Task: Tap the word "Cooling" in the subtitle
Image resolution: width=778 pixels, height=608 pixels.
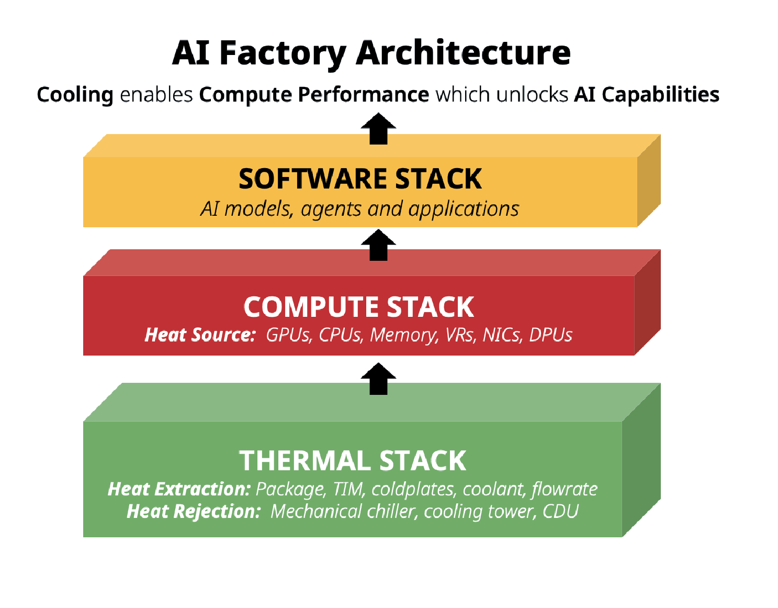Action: coord(75,95)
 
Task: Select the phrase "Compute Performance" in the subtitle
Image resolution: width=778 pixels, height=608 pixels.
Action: coord(314,95)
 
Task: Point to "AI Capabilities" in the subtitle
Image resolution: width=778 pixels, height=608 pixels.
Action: coord(646,95)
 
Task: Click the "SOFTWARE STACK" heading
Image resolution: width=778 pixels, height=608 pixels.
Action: coord(360,179)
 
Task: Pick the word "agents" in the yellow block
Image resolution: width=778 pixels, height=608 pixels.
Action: coord(331,209)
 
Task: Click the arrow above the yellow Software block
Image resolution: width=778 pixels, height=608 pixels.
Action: coord(378,129)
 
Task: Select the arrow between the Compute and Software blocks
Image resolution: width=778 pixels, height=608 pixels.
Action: coord(378,245)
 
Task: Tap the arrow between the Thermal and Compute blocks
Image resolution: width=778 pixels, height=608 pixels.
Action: coord(378,379)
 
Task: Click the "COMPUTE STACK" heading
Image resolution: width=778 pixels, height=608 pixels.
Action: coord(359,307)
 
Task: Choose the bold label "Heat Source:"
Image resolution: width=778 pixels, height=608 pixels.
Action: coord(200,335)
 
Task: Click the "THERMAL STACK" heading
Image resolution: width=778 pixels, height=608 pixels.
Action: coord(353,460)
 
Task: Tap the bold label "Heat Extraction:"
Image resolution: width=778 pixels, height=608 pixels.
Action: coord(179,489)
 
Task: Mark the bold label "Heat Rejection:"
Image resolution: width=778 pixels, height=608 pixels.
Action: coord(194,512)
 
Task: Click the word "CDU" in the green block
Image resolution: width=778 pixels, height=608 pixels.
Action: coord(560,511)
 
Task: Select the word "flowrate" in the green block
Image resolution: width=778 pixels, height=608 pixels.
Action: coord(565,489)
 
